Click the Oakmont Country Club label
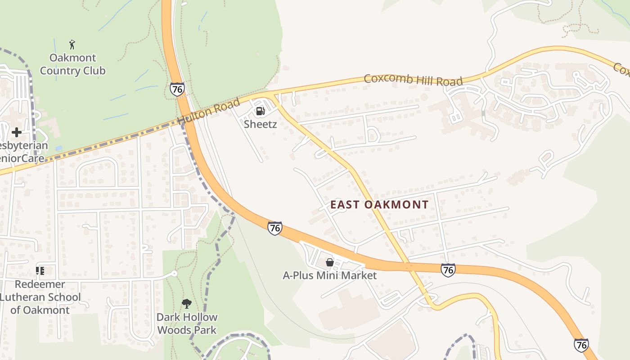click(x=72, y=64)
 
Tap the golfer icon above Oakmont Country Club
click(x=72, y=45)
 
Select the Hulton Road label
click(x=208, y=112)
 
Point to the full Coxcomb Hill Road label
click(x=413, y=80)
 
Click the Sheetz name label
click(x=260, y=124)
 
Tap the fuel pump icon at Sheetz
click(x=260, y=111)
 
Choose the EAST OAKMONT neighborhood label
click(x=379, y=205)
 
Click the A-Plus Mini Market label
click(x=329, y=275)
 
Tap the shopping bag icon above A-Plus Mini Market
click(x=329, y=262)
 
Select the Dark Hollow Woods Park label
click(x=187, y=324)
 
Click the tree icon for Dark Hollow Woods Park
click(x=186, y=304)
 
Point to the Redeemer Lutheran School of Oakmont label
click(x=40, y=297)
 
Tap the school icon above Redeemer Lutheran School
click(x=40, y=271)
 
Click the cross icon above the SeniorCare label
click(x=17, y=132)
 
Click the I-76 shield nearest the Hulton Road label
click(x=177, y=89)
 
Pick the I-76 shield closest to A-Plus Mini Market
click(x=274, y=228)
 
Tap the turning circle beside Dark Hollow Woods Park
click(x=174, y=274)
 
